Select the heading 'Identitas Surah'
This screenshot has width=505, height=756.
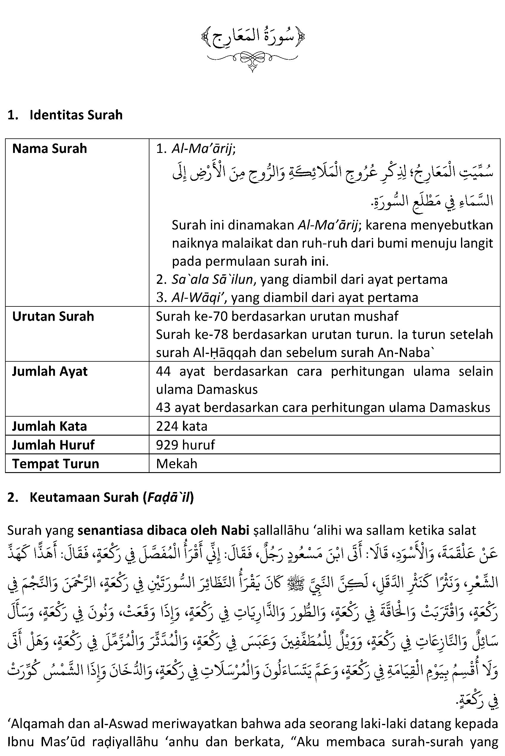point(76,115)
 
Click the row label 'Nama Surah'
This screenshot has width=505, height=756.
point(50,149)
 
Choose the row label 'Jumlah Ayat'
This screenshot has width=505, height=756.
point(50,371)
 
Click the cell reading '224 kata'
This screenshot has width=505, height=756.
point(182,426)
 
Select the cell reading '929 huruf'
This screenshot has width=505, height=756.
point(185,445)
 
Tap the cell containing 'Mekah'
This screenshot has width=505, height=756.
point(176,464)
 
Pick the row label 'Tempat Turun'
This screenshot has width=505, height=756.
point(55,464)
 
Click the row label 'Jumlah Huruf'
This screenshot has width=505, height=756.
point(53,445)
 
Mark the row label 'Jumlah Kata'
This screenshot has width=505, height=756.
point(50,426)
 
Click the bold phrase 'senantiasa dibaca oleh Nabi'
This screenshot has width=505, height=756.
point(164,530)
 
